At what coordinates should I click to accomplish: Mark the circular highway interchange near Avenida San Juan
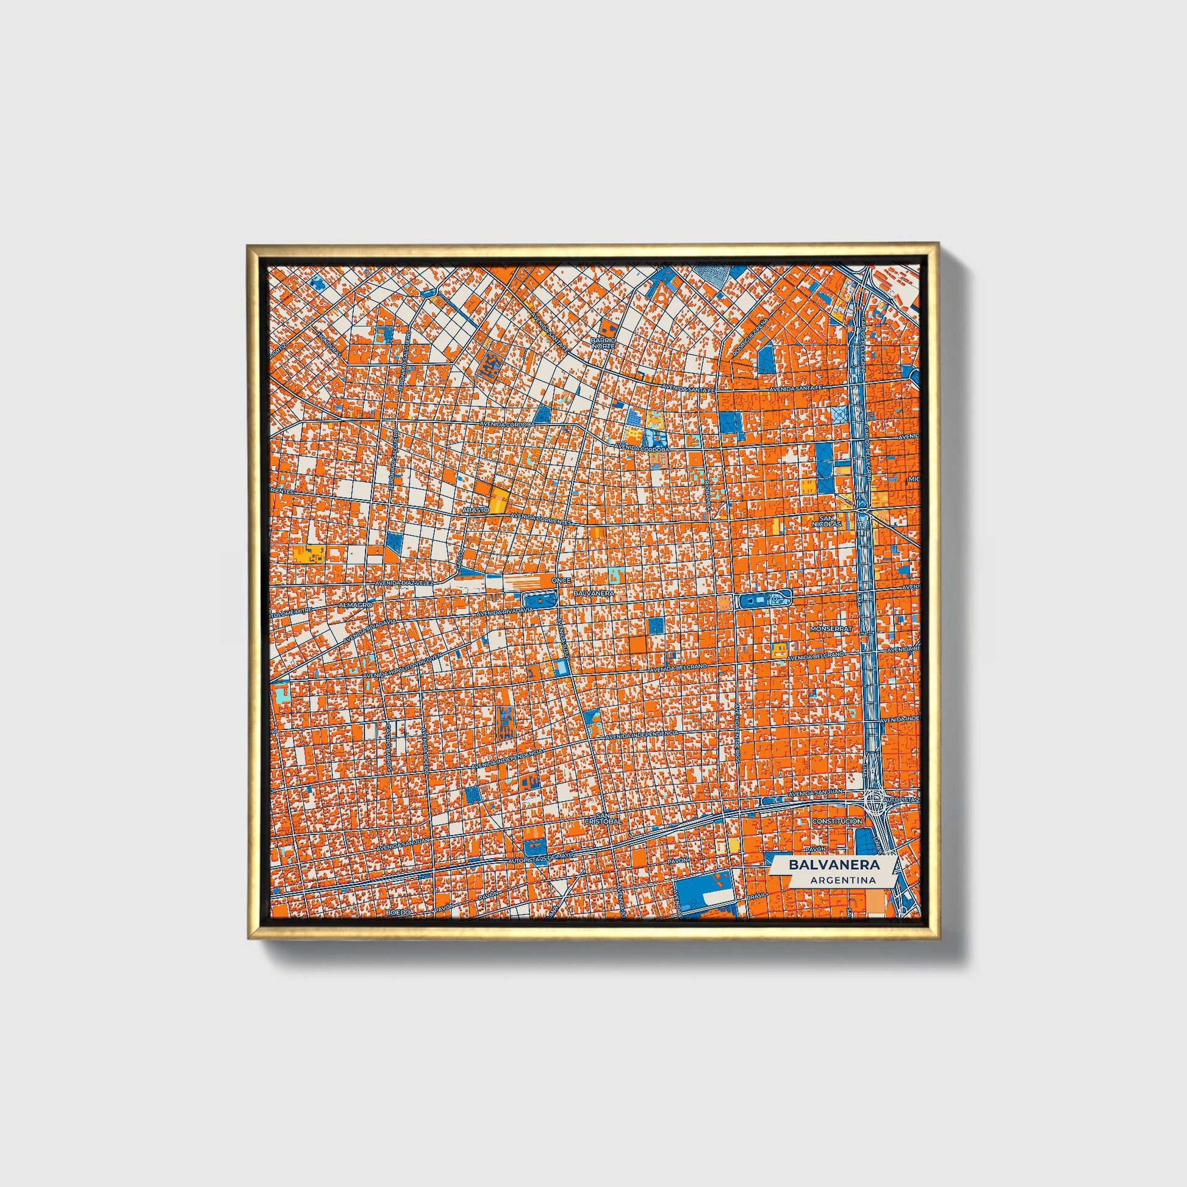[874, 798]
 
